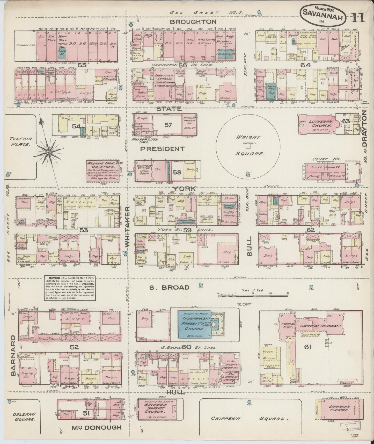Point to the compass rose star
pyautogui.click(x=48, y=153)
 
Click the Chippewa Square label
pyautogui.click(x=250, y=419)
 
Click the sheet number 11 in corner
pyautogui.click(x=358, y=18)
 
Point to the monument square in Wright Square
pyautogui.click(x=248, y=146)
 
